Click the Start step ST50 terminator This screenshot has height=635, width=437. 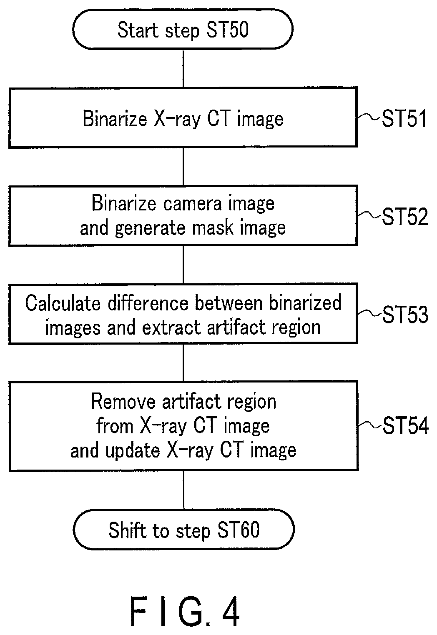pos(183,29)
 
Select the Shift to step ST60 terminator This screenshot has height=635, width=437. pos(183,530)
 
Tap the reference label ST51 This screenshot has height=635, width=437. pos(404,118)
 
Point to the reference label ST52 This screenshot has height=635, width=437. pos(405,217)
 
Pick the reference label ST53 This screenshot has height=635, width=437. pos(405,315)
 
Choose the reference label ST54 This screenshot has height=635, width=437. pos(405,425)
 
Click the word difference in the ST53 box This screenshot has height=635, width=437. pos(148,303)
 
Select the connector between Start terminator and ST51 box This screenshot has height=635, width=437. pos(183,69)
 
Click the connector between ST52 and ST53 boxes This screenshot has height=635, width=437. pos(183,265)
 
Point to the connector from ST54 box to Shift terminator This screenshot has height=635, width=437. pos(183,490)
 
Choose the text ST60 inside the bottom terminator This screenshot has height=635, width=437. pos(238,530)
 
